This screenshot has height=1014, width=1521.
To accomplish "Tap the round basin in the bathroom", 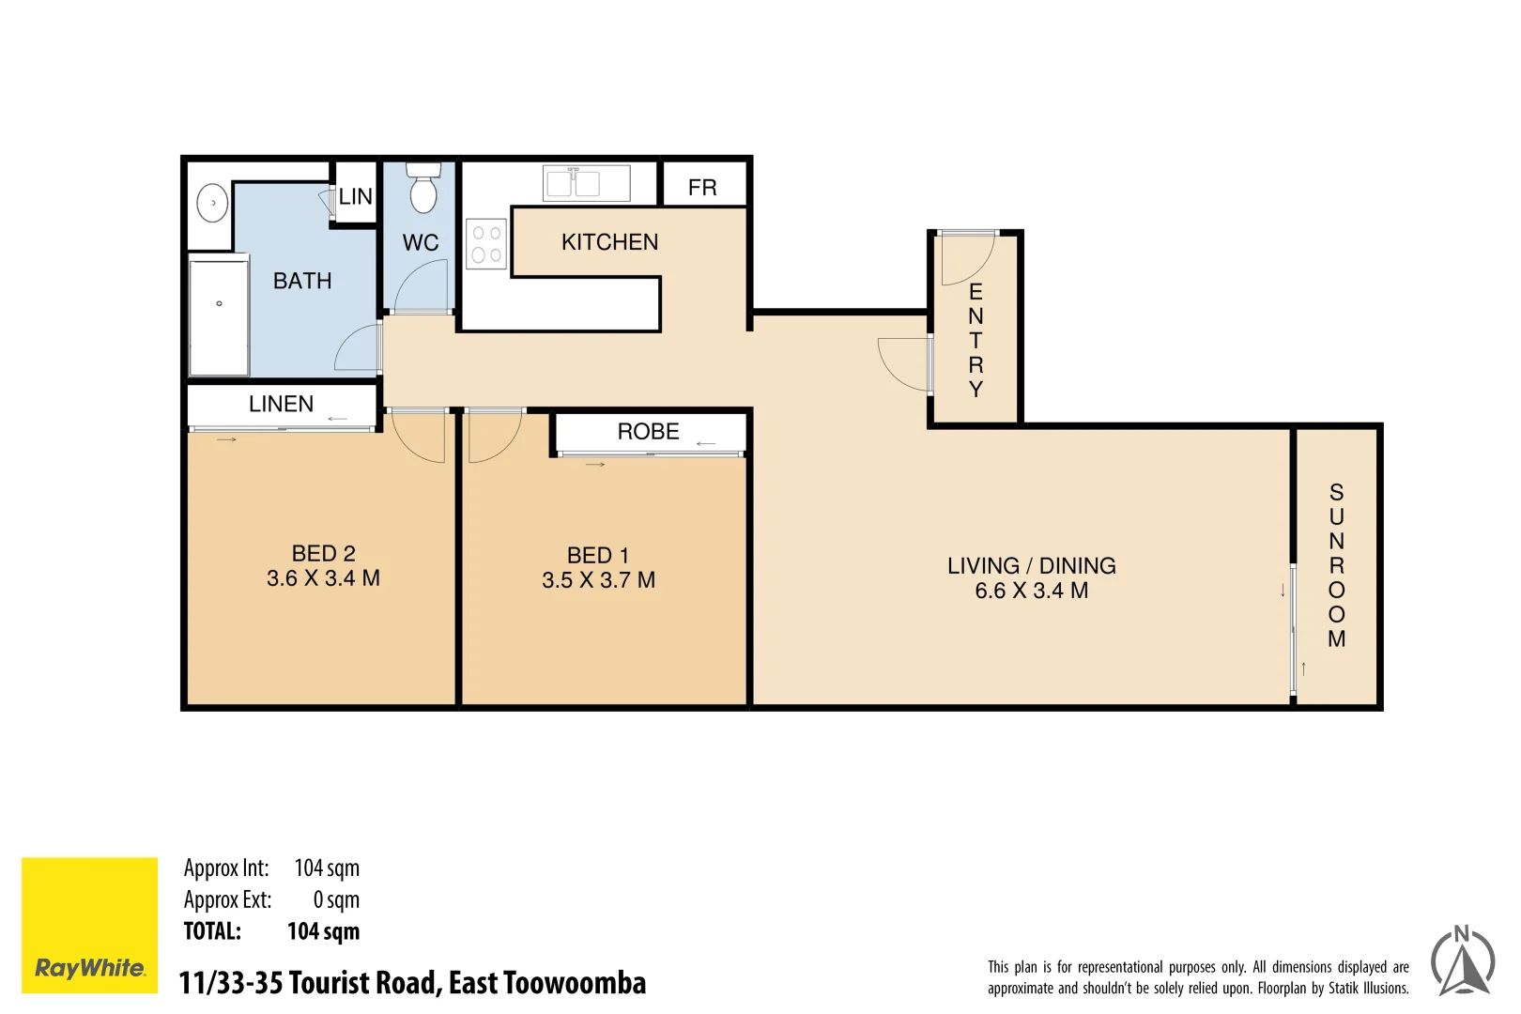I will [213, 203].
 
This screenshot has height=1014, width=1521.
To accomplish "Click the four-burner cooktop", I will [486, 244].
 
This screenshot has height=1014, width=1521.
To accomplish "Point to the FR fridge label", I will [702, 188].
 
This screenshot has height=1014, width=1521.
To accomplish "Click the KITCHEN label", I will [609, 242].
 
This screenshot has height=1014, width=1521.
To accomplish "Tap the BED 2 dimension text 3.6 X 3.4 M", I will [323, 578].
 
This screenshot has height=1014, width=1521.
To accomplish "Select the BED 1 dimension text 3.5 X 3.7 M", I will [598, 580].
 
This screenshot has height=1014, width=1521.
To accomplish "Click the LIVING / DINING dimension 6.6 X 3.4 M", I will [1031, 591].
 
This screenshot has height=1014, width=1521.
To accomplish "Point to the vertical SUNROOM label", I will [1336, 565].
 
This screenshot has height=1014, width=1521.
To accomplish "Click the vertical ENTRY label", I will [976, 340].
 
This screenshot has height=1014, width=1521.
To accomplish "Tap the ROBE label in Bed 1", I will [648, 432].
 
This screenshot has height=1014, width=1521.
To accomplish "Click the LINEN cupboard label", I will [281, 404].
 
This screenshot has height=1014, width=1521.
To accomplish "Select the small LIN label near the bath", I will [356, 197].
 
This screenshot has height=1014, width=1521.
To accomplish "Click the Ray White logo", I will [90, 925].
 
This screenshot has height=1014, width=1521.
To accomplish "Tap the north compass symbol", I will [1462, 961].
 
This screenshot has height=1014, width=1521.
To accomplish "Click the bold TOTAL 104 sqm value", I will [323, 931].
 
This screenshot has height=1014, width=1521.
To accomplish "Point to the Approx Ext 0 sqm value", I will [336, 899].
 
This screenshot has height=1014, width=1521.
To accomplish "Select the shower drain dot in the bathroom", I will [220, 303].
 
